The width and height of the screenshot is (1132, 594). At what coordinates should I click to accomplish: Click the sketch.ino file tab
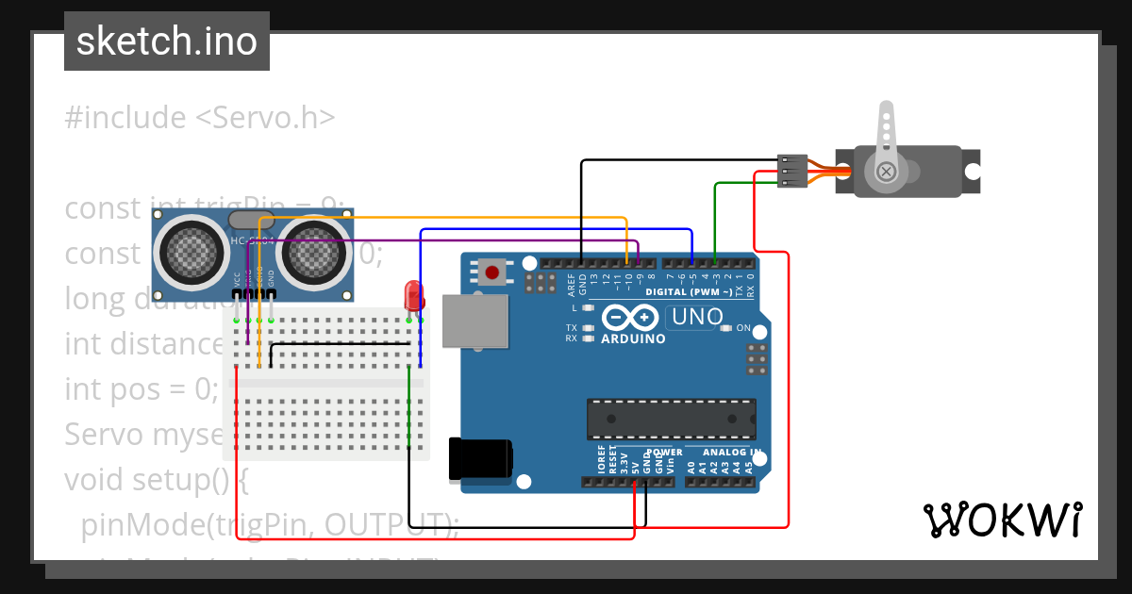pos(166,41)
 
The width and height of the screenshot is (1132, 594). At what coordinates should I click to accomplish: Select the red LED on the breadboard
pos(413,295)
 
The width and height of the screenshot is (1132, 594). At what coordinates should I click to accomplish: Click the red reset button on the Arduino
pos(491,273)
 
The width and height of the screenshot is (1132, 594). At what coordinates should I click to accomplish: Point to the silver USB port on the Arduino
pos(476,321)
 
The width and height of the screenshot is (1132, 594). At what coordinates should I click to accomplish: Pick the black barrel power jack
pos(481,458)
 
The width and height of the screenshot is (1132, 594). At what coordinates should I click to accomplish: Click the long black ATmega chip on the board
pos(671,420)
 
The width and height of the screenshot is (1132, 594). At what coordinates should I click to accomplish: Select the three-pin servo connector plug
pos(791,171)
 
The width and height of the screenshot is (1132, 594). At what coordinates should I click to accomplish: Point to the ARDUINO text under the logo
pos(632,338)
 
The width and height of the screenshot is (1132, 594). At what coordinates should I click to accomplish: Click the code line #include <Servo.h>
pos(200,118)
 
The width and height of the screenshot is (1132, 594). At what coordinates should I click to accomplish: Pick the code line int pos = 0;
pos(141,388)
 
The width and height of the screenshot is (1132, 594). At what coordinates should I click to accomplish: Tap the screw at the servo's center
pos(886,172)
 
